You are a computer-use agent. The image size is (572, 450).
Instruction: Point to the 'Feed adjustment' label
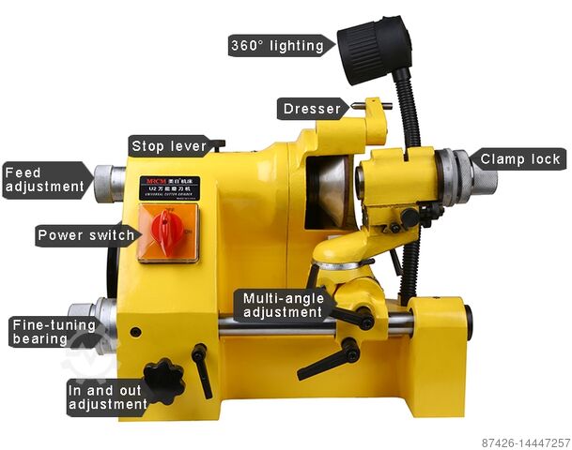[45, 180]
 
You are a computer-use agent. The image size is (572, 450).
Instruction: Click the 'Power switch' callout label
[85, 234]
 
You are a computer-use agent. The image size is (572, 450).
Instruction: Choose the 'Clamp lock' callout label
[520, 159]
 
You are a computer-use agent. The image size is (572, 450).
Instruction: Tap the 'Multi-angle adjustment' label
[283, 306]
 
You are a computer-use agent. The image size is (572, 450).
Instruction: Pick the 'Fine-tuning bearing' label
[54, 332]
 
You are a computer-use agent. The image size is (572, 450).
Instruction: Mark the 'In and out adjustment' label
[107, 397]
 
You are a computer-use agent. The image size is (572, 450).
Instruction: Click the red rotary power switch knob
[168, 231]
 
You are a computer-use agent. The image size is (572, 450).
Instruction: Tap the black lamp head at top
[374, 49]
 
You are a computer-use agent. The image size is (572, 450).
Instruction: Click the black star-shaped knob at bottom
[165, 380]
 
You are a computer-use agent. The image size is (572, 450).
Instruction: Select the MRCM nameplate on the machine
[169, 187]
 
